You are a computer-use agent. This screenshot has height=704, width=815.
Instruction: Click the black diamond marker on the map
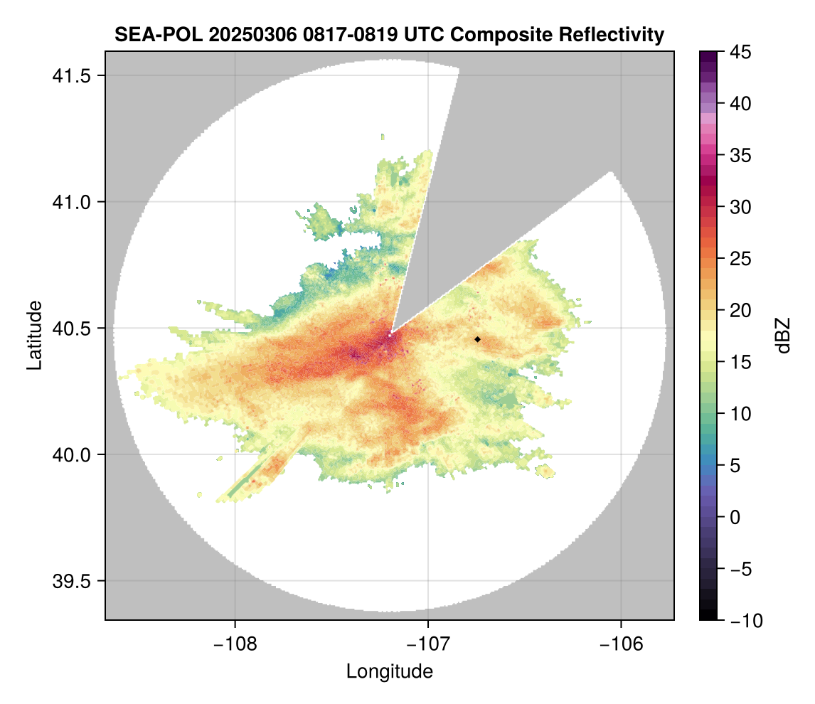click(477, 339)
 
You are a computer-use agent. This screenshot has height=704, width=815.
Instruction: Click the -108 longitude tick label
click(234, 644)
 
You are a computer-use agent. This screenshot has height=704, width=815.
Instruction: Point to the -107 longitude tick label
click(428, 644)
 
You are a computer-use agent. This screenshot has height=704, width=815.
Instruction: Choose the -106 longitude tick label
click(622, 644)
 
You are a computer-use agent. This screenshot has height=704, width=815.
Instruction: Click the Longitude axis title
click(389, 671)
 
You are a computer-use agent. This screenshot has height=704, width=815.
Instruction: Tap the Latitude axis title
click(33, 335)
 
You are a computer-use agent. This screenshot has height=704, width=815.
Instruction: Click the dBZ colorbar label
click(783, 336)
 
